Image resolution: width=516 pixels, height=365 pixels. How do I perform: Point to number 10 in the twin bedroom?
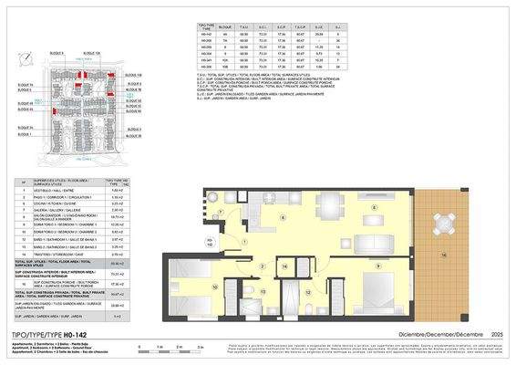point(214,287)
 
